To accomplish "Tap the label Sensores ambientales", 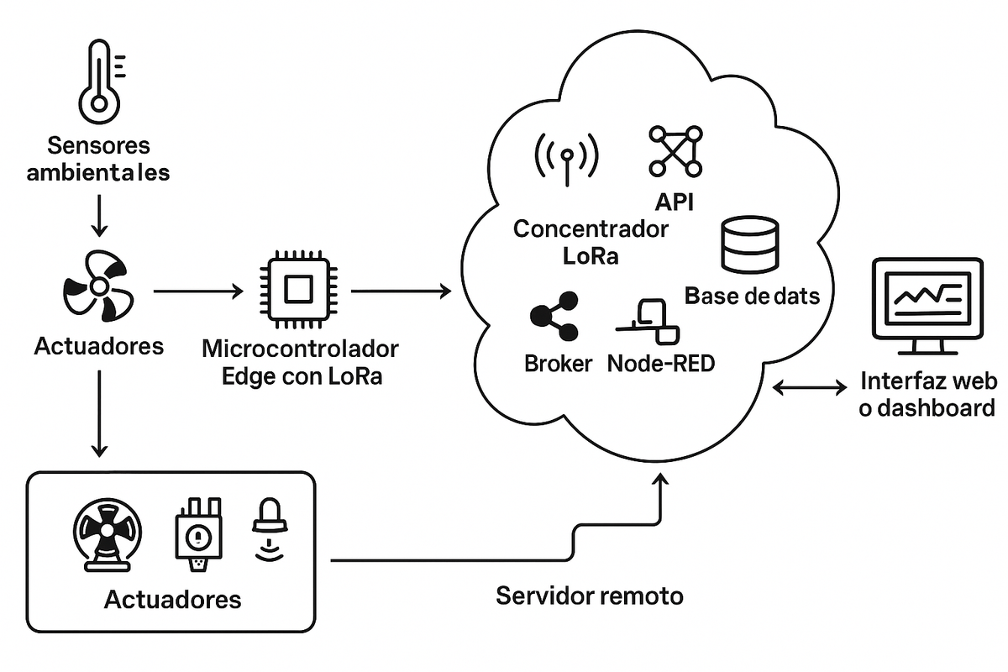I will pos(98,159).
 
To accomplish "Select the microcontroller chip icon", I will pos(295,291).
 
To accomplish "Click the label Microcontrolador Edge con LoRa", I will pos(301,362).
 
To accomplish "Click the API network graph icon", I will pos(675,150).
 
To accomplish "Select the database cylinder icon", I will pos(751,244).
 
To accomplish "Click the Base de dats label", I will pos(752,296).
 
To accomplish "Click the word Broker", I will pos(559,364).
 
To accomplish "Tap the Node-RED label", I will pos(661,364).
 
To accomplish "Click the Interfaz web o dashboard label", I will pos(928,395).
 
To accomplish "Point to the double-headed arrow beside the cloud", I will pos(810,387).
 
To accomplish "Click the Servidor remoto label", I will pos(590,596).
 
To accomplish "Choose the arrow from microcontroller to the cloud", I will pos(401,291).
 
